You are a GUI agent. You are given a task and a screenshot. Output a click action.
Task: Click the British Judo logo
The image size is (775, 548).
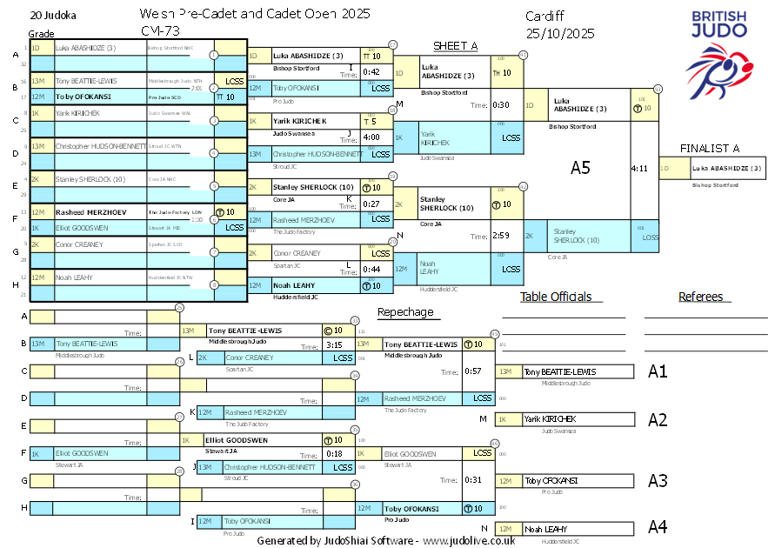coord(718,52)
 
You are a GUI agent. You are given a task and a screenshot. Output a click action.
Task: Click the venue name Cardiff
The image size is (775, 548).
coord(545,17)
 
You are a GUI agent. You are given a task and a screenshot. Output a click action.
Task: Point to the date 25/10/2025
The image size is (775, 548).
coord(560,34)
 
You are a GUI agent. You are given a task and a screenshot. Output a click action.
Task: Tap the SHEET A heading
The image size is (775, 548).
coord(456,46)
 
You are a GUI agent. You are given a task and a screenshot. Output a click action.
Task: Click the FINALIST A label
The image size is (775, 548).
coord(710,148)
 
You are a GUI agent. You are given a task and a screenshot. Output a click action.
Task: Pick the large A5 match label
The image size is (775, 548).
coord(580,167)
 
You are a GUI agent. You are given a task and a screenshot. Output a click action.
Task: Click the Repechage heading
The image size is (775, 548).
coord(405,312)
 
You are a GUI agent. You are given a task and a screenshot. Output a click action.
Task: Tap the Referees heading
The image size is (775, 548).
coord(701,297)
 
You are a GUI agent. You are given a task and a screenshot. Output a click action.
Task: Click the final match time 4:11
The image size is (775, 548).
coord(640,168)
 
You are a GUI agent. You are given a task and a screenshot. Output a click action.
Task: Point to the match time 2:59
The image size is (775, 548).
coord(499,235)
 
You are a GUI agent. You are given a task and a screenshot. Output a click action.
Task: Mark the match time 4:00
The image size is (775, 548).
coord(371,137)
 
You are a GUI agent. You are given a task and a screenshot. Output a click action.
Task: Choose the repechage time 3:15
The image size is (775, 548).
coord(334,345)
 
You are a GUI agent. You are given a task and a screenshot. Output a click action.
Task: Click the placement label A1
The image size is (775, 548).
coord(658,371)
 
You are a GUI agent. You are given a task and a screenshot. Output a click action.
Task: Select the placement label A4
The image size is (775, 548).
coord(658,527)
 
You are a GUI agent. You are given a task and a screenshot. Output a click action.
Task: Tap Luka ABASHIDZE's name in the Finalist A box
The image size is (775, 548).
coord(727,168)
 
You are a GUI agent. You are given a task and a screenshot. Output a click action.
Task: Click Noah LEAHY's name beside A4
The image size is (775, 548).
coord(545,529)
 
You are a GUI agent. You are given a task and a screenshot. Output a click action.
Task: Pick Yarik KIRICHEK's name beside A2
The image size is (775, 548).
coord(550,419)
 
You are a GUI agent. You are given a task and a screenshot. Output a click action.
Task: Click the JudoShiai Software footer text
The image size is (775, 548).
coord(385,540)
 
